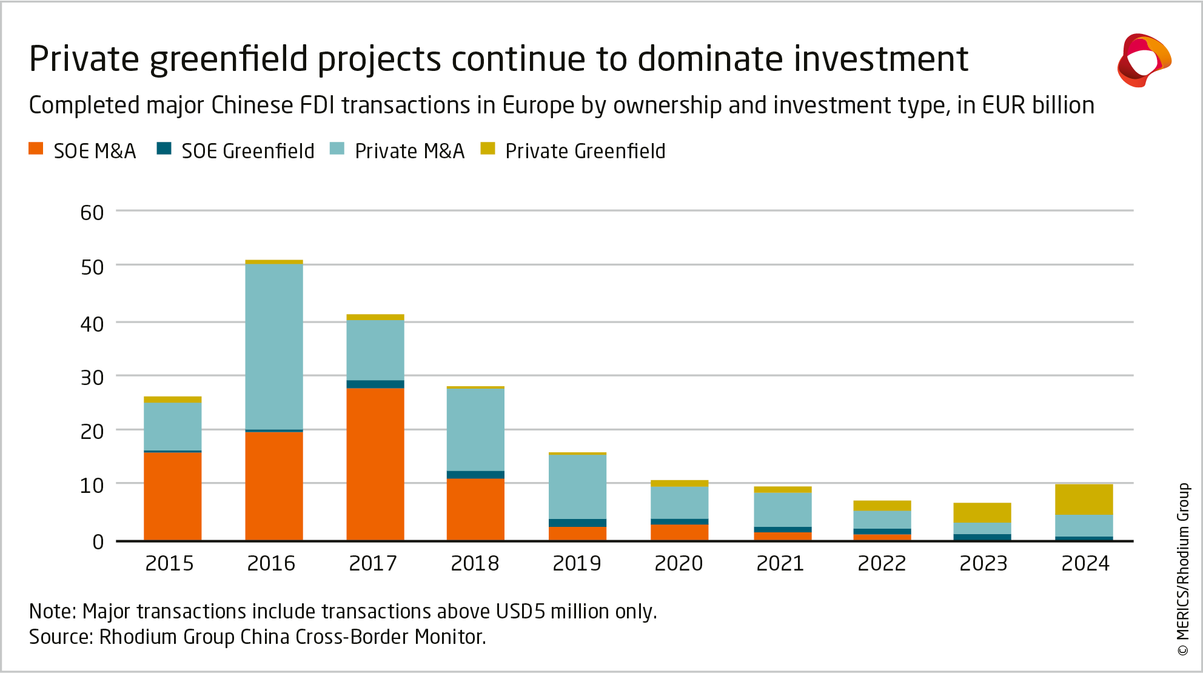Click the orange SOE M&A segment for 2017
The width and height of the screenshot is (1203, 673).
pos(375,464)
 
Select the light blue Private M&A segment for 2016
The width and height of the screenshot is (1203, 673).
pos(274,347)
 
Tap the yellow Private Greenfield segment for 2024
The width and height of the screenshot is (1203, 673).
pos(1084,500)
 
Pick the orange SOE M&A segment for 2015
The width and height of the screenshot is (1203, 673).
pos(172,496)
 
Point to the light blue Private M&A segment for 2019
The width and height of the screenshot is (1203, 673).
pos(577,486)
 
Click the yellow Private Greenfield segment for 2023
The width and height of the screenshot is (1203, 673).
pos(982,512)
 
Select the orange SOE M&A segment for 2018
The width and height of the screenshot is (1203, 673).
pos(475,509)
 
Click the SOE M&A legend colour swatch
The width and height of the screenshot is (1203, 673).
pos(36,149)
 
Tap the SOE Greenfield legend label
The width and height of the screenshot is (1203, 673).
pos(248,151)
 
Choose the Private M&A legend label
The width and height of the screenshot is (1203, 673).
pos(409,151)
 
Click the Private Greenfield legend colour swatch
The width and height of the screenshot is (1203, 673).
pos(488,149)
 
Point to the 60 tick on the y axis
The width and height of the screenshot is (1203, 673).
pos(92,213)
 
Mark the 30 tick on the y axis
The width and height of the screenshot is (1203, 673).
pos(92,378)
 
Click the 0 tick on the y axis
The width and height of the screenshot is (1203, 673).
pos(98,541)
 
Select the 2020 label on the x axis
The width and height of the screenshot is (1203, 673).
pos(679,563)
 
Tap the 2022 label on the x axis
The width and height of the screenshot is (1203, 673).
pos(882,563)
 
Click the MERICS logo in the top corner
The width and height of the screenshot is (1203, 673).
pos(1144,60)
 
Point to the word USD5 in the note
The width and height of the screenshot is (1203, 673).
pos(520,611)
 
